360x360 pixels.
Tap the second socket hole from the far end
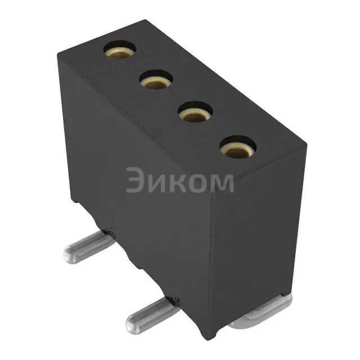click(x=156, y=79)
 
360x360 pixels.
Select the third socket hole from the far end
click(x=195, y=112)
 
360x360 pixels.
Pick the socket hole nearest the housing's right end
click(x=237, y=147)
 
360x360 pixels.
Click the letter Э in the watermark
click(x=134, y=180)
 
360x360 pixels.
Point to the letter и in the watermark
click(x=155, y=183)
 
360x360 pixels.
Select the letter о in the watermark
click(x=193, y=183)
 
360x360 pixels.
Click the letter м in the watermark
click(x=220, y=183)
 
